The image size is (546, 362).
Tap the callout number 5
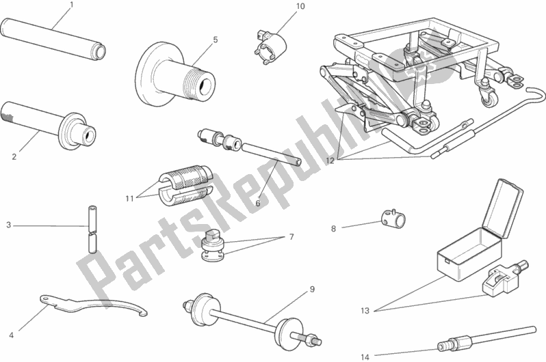tap(215, 40)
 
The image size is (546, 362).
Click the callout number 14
tap(365, 356)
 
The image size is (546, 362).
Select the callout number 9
tap(311, 289)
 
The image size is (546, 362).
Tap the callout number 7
tap(291, 237)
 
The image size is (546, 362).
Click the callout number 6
tap(258, 202)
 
